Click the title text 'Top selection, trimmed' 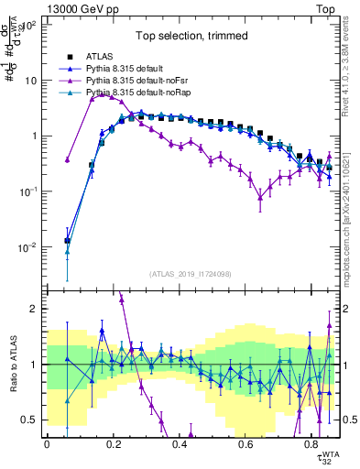tap(191, 37)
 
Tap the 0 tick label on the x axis tap(47, 444)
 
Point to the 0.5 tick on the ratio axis tap(31, 420)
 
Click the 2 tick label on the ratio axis tap(35, 309)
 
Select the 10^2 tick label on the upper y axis tap(27, 26)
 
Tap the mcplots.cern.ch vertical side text tap(350, 211)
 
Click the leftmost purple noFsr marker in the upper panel tap(67, 160)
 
